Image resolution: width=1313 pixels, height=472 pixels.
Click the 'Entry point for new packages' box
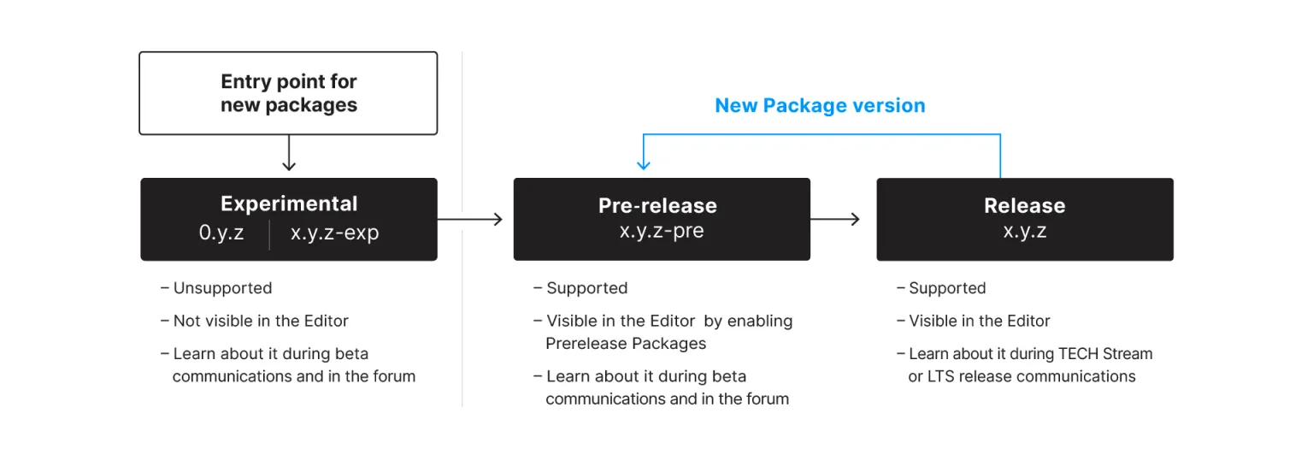pyautogui.click(x=288, y=93)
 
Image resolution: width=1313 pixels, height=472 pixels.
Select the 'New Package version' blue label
pyautogui.click(x=820, y=106)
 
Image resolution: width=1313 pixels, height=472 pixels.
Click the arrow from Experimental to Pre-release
pyautogui.click(x=470, y=220)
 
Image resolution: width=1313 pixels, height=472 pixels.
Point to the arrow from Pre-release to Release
pyautogui.click(x=835, y=220)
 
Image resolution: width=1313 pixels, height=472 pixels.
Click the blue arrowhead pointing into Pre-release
pyautogui.click(x=644, y=164)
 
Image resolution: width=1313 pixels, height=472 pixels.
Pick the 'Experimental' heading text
pyautogui.click(x=289, y=204)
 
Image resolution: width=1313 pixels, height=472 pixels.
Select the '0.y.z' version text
pyautogui.click(x=221, y=233)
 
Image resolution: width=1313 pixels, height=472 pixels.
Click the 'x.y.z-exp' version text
pyautogui.click(x=334, y=233)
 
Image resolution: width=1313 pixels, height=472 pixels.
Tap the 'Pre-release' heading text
pyautogui.click(x=657, y=206)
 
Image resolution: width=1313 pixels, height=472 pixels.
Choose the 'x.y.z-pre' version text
pyautogui.click(x=662, y=231)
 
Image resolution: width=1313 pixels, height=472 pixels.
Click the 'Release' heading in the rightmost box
pyautogui.click(x=1024, y=206)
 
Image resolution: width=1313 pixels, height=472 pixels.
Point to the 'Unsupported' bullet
pyautogui.click(x=222, y=288)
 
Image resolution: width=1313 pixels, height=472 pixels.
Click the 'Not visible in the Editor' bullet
pyautogui.click(x=261, y=321)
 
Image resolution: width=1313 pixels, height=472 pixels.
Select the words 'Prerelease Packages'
pyautogui.click(x=626, y=344)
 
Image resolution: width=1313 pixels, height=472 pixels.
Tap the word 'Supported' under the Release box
pyautogui.click(x=947, y=288)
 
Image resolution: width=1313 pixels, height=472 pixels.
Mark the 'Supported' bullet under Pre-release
pyautogui.click(x=586, y=288)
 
